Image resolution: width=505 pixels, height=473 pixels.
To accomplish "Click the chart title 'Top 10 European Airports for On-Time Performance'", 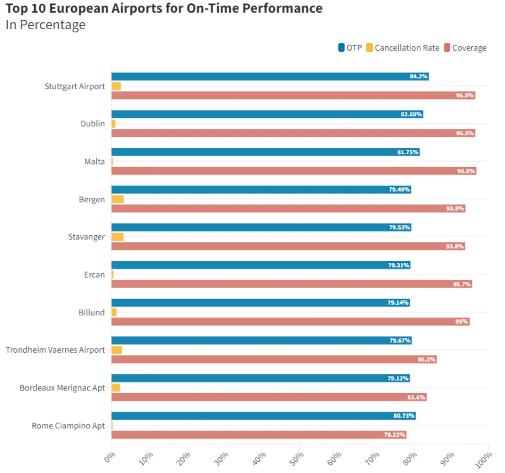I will pyautogui.click(x=164, y=8).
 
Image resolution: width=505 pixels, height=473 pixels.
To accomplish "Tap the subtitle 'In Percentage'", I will pyautogui.click(x=46, y=25).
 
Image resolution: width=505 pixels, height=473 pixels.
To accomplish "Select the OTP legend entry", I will pyautogui.click(x=350, y=48).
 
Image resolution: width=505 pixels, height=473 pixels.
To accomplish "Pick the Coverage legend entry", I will pyautogui.click(x=465, y=48).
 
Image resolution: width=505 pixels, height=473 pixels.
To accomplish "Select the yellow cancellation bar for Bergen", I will pyautogui.click(x=117, y=199).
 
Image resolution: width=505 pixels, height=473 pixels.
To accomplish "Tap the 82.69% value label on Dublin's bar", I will pyautogui.click(x=411, y=114).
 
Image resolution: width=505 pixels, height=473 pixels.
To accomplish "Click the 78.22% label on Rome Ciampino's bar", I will pyautogui.click(x=394, y=435).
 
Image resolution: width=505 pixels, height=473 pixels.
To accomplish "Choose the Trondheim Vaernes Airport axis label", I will pyautogui.click(x=55, y=350).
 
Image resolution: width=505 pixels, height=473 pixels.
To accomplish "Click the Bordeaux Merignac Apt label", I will pyautogui.click(x=62, y=388).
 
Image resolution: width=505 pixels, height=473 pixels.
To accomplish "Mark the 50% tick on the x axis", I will pyautogui.click(x=296, y=459).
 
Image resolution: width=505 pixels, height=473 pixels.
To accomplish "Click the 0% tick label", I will pyautogui.click(x=110, y=458).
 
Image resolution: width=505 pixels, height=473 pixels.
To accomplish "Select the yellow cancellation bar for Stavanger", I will pyautogui.click(x=117, y=237).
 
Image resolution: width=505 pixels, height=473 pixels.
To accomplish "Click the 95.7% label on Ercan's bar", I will pyautogui.click(x=462, y=284).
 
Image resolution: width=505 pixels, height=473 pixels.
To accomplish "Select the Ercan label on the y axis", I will pyautogui.click(x=94, y=275).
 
